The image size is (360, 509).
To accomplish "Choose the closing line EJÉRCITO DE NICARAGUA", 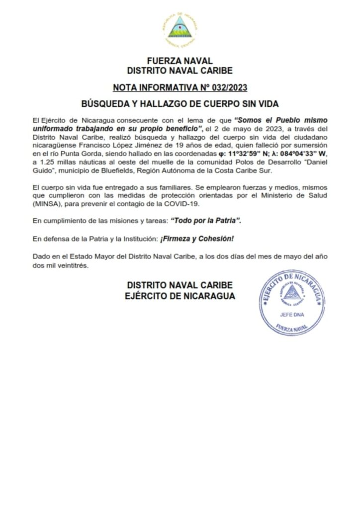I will coord(180,296).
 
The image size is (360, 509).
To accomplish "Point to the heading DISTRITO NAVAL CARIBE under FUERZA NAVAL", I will coord(180,71).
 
